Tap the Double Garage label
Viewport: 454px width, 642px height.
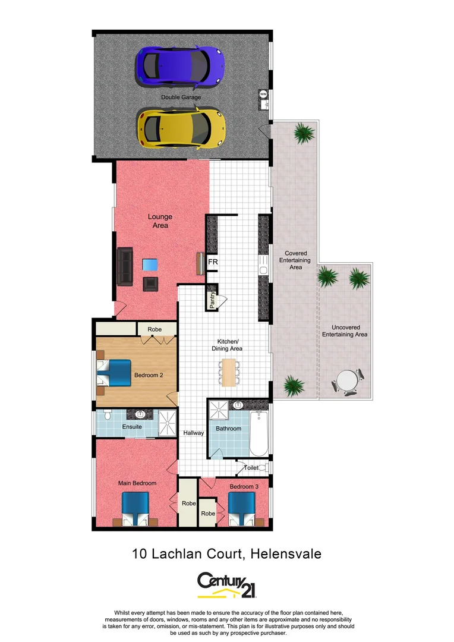tap(181, 97)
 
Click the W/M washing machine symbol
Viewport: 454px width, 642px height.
tap(263, 94)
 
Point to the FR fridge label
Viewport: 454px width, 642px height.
tap(212, 262)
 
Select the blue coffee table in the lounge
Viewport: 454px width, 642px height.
tap(150, 265)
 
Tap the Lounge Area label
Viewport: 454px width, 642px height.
tap(160, 221)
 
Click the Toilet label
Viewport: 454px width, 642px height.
tap(251, 468)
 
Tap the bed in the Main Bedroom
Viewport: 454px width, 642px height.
tap(136, 510)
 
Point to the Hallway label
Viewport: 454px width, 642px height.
tap(193, 433)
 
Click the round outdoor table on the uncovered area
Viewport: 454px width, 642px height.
tap(346, 380)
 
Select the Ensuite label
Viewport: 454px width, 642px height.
tap(132, 426)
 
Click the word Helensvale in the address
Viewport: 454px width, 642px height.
tap(286, 554)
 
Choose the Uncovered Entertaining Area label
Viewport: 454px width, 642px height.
tap(345, 331)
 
